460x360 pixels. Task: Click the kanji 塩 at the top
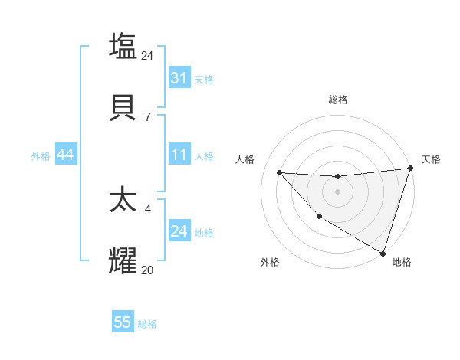pos(123,46)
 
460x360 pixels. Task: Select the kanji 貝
pos(123,106)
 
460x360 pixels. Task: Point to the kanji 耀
pos(123,260)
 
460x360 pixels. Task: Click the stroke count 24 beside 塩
pos(148,55)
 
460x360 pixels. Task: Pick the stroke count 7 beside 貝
pos(148,116)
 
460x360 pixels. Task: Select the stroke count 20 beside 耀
pos(148,270)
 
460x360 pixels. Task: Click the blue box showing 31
pos(179,78)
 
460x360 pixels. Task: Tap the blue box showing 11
pos(179,155)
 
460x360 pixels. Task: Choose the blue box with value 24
pos(179,231)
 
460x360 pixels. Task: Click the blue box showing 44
pos(66,155)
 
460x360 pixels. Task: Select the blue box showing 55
pos(123,322)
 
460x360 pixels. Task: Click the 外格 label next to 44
pos(41,155)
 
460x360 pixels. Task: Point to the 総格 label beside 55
pos(147,323)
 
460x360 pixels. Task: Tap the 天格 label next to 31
pos(204,79)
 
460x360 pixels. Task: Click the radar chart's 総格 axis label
pos(338,100)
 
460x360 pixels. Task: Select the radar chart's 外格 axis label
pos(270,262)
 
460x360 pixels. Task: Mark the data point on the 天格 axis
pos(410,169)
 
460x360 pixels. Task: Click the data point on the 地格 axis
pos(383,254)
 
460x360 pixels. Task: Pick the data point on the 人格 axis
pos(279,172)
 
